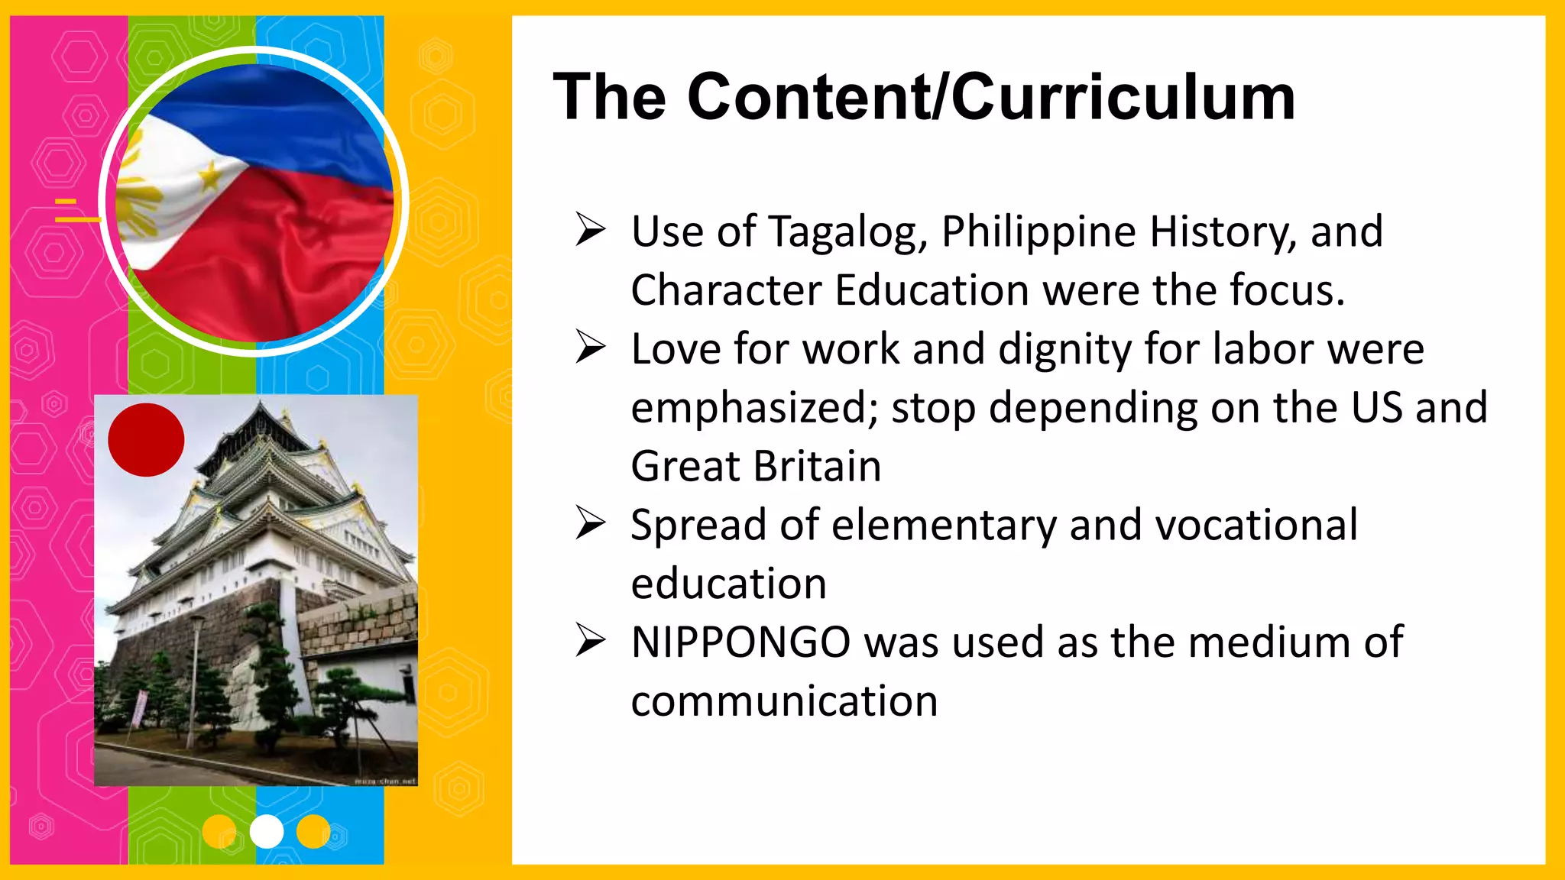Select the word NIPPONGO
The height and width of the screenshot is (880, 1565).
coord(740,642)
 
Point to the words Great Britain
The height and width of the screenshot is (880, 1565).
coord(756,467)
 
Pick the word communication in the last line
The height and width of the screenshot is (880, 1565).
coord(784,701)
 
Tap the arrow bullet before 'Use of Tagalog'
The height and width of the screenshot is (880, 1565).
coord(591,231)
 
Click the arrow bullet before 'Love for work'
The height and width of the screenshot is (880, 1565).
coord(591,348)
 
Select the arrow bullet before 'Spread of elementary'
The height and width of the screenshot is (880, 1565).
coord(591,524)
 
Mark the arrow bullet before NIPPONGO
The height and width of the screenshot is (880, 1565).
coord(591,642)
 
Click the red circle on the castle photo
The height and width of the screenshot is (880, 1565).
coord(146,440)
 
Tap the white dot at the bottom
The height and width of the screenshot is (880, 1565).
coord(267,832)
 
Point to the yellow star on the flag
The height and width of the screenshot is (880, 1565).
coord(210,178)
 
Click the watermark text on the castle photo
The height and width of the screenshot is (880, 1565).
coord(386,781)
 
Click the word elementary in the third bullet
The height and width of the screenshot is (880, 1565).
coord(944,526)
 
